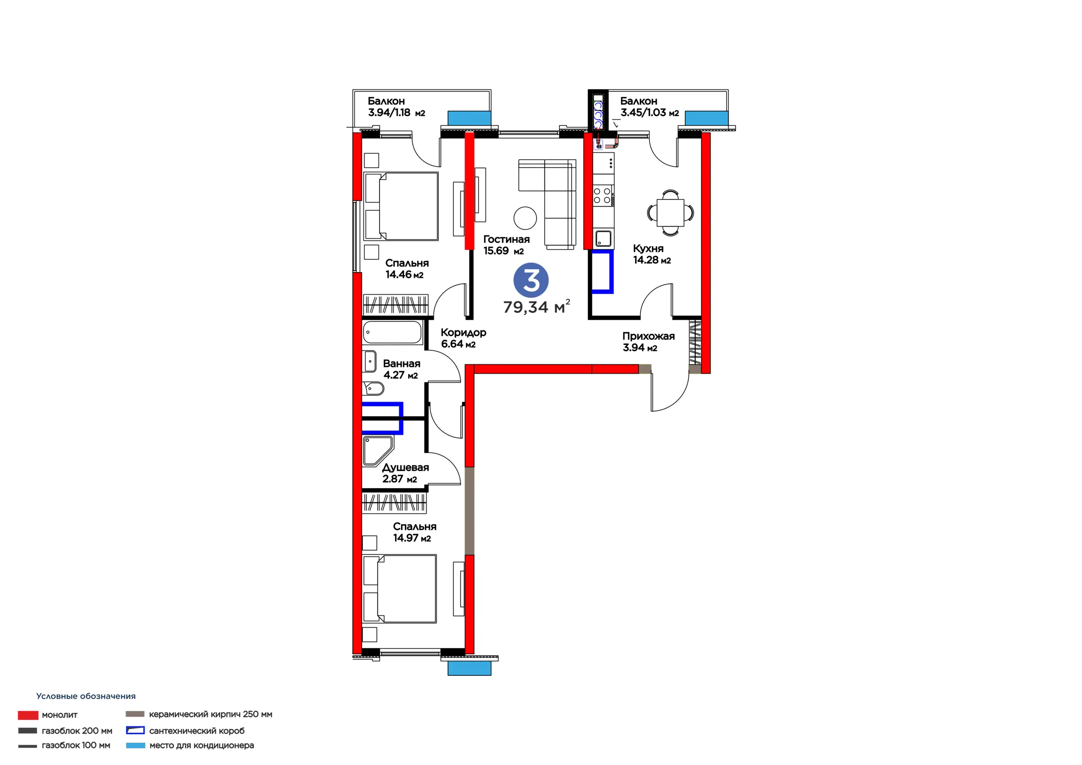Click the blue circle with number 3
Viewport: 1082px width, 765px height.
click(531, 280)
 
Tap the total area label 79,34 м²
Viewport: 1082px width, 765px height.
click(537, 307)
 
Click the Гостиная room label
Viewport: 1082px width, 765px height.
click(507, 240)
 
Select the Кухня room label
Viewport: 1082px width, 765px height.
click(648, 249)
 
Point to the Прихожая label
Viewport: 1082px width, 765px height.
click(648, 336)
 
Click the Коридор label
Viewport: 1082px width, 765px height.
click(464, 333)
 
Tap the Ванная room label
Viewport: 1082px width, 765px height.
click(402, 363)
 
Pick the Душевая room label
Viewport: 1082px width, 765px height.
click(405, 467)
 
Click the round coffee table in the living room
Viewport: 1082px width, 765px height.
click(525, 218)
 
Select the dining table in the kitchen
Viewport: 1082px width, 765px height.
click(670, 213)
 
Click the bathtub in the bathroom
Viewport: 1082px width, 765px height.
click(392, 333)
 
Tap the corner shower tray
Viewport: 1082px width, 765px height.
click(377, 451)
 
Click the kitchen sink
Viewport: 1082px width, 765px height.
click(603, 238)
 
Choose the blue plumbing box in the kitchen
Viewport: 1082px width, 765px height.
click(603, 272)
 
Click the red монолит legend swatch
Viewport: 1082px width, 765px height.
click(28, 715)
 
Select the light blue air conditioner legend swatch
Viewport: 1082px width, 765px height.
click(135, 745)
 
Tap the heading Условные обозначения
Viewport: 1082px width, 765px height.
click(86, 696)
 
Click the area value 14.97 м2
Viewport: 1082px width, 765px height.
click(412, 538)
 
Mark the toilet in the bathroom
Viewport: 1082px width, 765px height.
click(373, 389)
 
